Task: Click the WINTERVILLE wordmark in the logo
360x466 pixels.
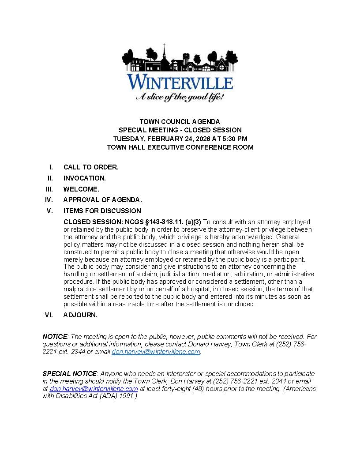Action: click(180, 83)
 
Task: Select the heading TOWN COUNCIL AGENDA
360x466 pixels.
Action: click(180, 121)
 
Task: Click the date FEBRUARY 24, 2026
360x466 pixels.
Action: click(168, 139)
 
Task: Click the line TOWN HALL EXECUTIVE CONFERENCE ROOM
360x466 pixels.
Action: click(180, 147)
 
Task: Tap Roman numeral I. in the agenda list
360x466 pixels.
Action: click(51, 167)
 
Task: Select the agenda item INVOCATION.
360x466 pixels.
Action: click(85, 178)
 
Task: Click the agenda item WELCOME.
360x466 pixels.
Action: click(81, 189)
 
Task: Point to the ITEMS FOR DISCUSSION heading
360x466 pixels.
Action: click(102, 211)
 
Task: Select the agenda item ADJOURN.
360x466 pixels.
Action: click(80, 315)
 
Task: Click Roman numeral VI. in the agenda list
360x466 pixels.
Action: click(49, 315)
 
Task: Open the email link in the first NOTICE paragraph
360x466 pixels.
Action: click(156, 352)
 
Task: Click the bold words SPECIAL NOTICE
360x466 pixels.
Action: click(69, 374)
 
